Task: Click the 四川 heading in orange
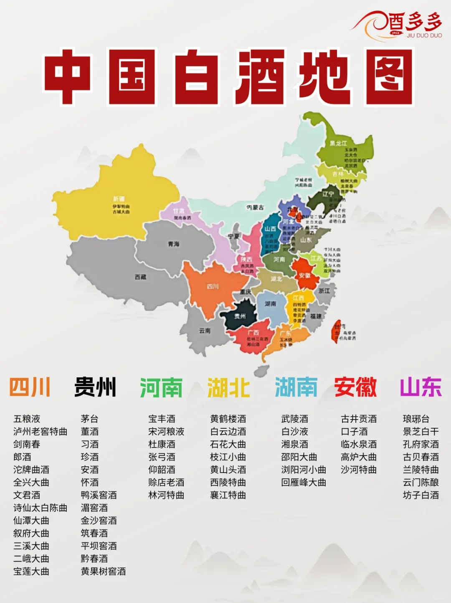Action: (x=30, y=387)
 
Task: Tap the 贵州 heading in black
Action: (x=95, y=387)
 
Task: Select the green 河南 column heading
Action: (x=161, y=387)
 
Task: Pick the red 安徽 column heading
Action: (x=355, y=387)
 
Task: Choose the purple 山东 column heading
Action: (x=421, y=387)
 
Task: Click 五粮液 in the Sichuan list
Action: (x=27, y=419)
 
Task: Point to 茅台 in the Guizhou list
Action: (x=89, y=419)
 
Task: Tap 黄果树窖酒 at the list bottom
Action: (x=103, y=571)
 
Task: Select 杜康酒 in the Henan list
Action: (x=162, y=444)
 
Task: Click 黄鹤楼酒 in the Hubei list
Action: (x=228, y=419)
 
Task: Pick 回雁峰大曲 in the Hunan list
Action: (x=304, y=482)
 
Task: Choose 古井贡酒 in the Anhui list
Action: (x=359, y=419)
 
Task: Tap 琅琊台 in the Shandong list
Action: (x=416, y=419)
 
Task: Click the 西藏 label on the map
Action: (x=140, y=277)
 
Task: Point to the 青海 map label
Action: (x=174, y=244)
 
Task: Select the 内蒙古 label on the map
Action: (x=255, y=207)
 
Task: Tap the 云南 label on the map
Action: (x=205, y=331)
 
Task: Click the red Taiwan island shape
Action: (x=337, y=331)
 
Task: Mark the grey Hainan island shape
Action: (x=261, y=370)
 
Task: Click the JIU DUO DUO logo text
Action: (x=424, y=36)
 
